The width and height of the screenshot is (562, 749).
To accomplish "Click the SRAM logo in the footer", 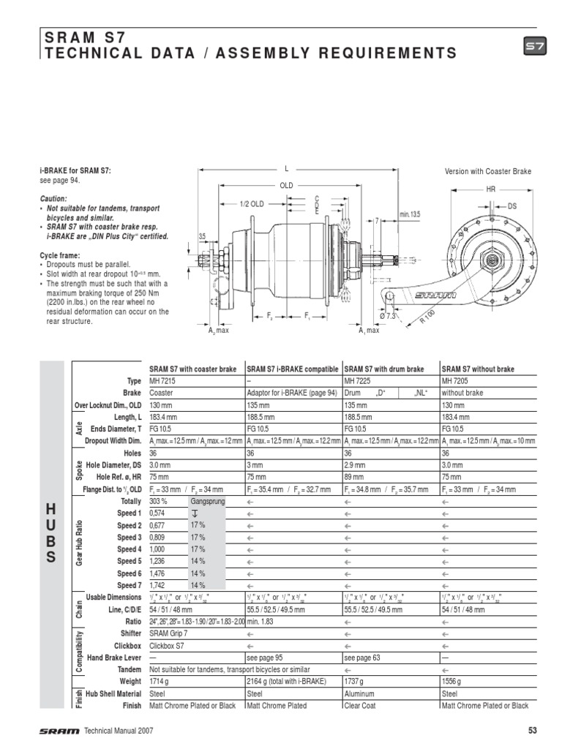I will click(x=59, y=730).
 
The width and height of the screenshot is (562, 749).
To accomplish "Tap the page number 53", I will click(x=532, y=730).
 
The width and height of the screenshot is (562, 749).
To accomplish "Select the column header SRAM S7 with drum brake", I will click(x=384, y=369).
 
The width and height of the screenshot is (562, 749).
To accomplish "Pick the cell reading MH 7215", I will click(x=162, y=381).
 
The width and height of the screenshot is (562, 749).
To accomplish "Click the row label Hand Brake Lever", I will click(x=114, y=658).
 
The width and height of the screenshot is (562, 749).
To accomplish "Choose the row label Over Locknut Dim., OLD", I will click(x=108, y=405).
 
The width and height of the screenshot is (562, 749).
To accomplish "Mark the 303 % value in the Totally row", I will click(x=159, y=501).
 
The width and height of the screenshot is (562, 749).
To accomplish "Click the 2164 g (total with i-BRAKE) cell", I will click(x=288, y=682).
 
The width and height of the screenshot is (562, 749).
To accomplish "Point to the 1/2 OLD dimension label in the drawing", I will click(x=252, y=203).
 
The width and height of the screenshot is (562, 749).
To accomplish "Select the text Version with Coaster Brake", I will click(x=488, y=171).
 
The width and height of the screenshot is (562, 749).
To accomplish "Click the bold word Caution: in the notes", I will click(x=53, y=198).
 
